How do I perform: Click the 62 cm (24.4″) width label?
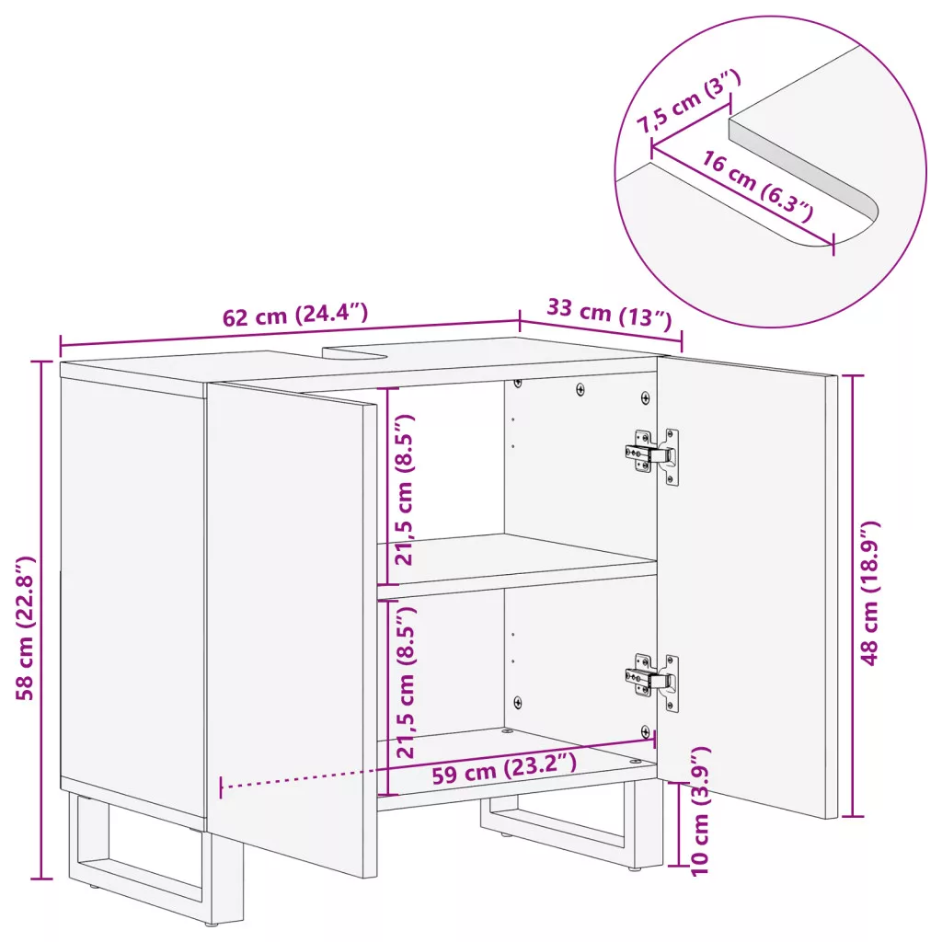(295, 315)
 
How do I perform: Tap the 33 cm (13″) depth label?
(609, 314)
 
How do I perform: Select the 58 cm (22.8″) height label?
(26, 628)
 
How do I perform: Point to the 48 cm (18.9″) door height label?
(869, 593)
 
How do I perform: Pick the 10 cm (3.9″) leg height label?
(700, 811)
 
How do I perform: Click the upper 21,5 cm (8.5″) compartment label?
(405, 489)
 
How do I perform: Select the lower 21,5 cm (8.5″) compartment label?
(406, 682)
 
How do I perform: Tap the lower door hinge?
(653, 682)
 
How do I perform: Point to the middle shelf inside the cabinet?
(517, 566)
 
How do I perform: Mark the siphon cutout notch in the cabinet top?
(354, 353)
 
